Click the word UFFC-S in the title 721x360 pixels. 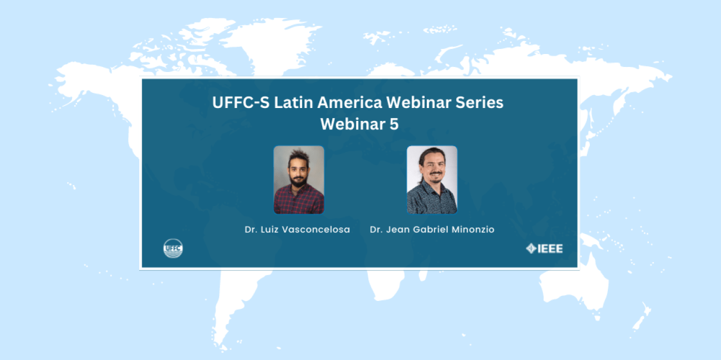[x=241, y=102]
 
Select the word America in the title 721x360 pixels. [x=350, y=102]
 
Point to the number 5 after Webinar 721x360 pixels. [x=394, y=124]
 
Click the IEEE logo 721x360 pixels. [x=544, y=249]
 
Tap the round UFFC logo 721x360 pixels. [x=173, y=248]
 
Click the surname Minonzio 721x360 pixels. [x=473, y=229]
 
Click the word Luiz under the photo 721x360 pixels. [x=269, y=229]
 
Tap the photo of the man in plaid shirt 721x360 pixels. [x=299, y=179]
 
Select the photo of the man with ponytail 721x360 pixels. [x=432, y=179]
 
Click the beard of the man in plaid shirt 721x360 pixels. [x=299, y=181]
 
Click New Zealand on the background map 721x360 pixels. [x=642, y=317]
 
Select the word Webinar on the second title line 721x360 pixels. [x=353, y=124]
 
